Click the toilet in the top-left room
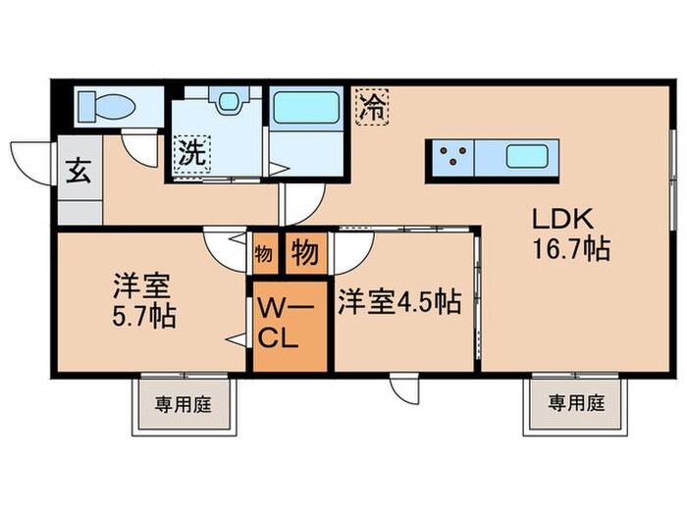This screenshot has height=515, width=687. point(103,104)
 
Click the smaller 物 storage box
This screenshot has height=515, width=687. point(262,254)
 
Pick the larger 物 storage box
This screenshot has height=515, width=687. point(305,254)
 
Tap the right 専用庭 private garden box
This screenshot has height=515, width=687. point(575,403)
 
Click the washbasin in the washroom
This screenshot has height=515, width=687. point(230,104)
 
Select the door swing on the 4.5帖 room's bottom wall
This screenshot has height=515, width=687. point(404,389)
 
